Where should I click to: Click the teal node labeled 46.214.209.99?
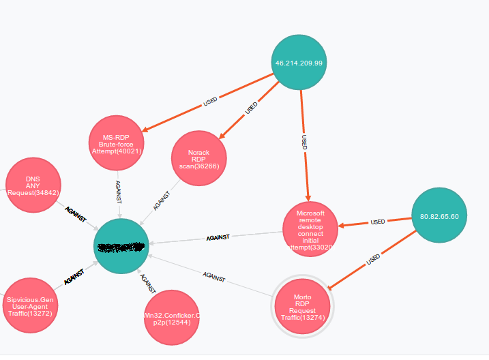(x=299, y=62)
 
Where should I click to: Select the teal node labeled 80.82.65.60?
(x=439, y=215)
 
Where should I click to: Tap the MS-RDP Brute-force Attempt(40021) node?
(x=116, y=142)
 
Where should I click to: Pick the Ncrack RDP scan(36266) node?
(x=198, y=158)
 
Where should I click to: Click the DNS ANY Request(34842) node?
(x=33, y=185)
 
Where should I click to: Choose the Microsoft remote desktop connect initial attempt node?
(x=310, y=230)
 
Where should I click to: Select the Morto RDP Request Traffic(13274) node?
(x=302, y=307)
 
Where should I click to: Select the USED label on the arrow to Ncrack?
(x=252, y=107)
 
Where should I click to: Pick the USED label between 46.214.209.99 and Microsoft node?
(x=304, y=142)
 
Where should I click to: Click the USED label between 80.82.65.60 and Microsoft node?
(x=377, y=222)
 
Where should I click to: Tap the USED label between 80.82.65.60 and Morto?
(x=373, y=260)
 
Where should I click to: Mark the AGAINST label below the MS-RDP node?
(x=119, y=192)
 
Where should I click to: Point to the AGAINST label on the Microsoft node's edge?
(x=218, y=238)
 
